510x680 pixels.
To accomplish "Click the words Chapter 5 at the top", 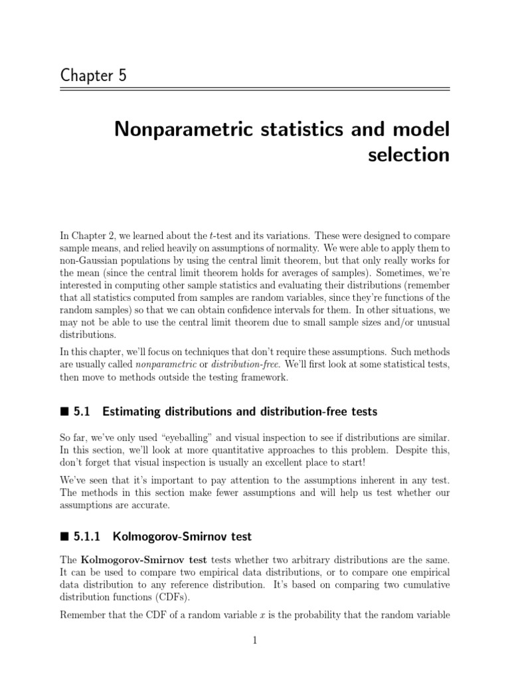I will [93, 76].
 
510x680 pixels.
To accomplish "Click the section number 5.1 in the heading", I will [82, 412].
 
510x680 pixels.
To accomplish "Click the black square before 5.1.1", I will [64, 536].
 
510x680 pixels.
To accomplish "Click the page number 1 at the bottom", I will [255, 640].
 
